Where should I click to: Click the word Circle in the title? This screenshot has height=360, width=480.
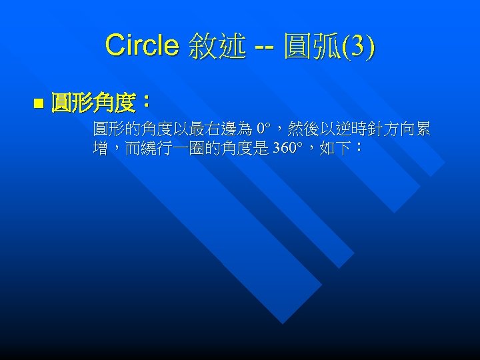point(141,46)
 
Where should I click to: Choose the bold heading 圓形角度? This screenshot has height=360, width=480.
point(93,103)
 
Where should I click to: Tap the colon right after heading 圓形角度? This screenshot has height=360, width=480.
point(147,103)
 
